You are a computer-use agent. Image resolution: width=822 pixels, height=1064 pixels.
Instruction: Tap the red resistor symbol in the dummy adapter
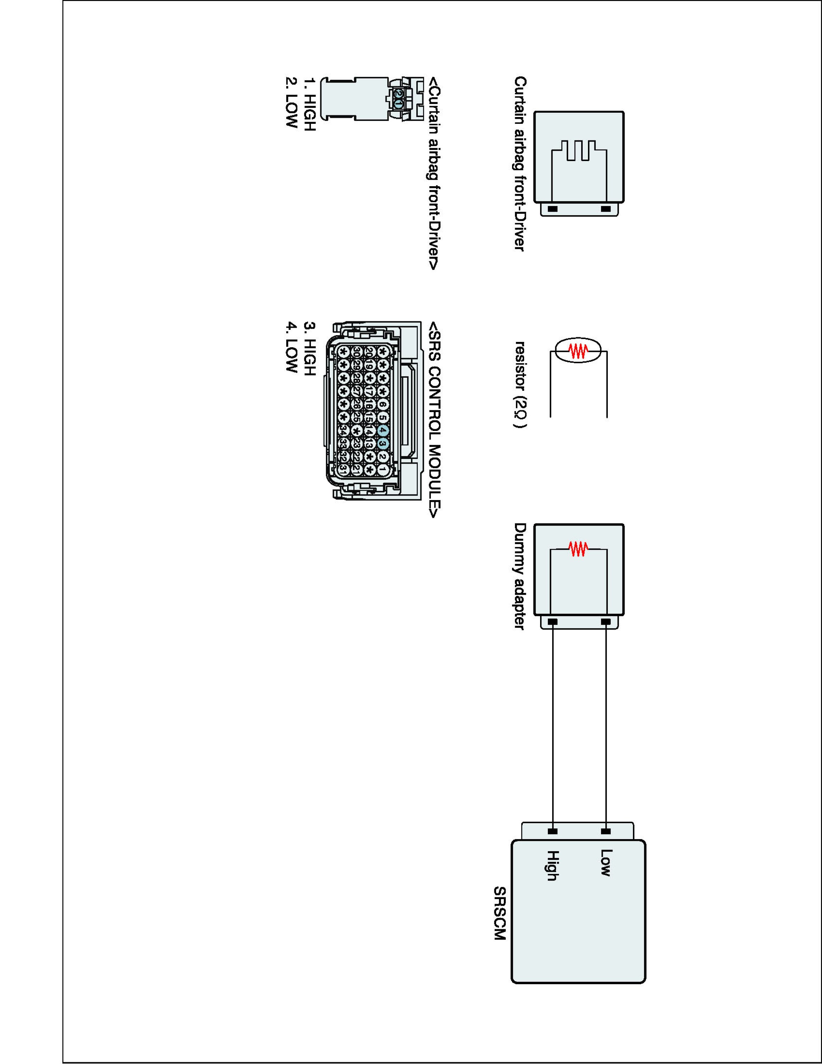pyautogui.click(x=578, y=549)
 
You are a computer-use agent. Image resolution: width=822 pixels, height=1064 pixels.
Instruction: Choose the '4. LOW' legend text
pyautogui.click(x=291, y=347)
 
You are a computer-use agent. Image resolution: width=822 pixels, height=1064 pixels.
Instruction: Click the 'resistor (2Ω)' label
pyautogui.click(x=520, y=385)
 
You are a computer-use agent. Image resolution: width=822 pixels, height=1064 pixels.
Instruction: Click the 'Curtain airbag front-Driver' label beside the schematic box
pyautogui.click(x=520, y=163)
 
